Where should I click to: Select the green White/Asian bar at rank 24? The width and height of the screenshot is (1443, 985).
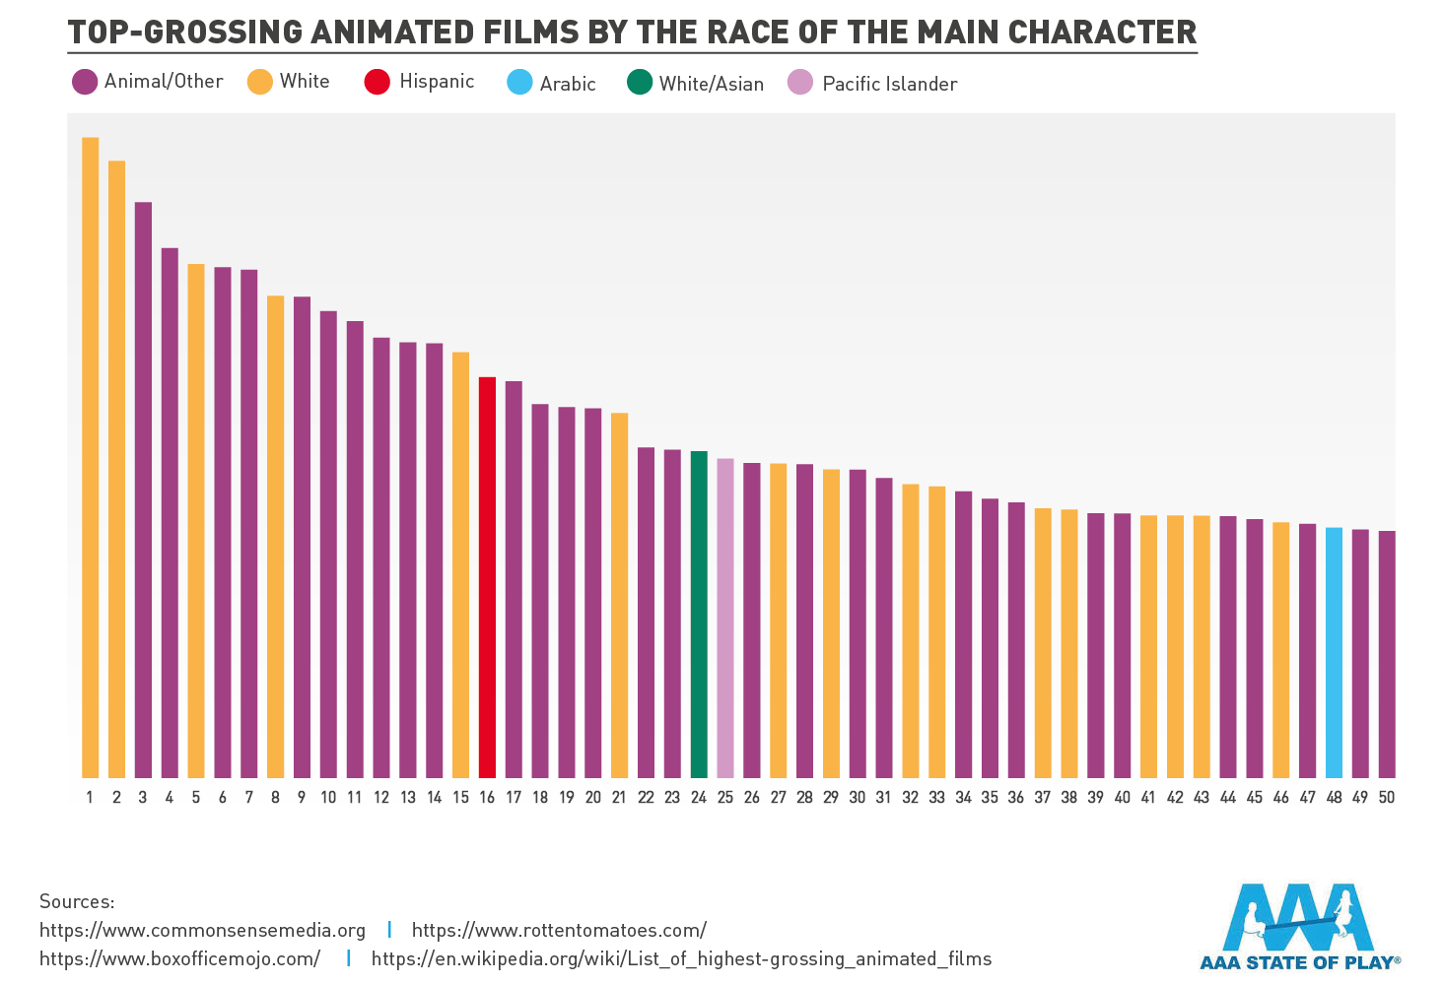(699, 615)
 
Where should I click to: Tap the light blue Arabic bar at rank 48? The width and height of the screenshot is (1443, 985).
(1334, 653)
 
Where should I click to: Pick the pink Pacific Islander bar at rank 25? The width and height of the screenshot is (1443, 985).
(725, 619)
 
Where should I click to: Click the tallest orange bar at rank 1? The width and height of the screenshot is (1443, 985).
(90, 458)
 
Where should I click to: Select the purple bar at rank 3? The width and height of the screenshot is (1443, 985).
(143, 490)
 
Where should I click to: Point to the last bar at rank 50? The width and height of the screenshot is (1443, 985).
(1387, 655)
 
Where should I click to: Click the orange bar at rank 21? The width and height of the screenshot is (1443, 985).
(619, 595)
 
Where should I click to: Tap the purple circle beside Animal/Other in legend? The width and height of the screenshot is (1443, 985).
(85, 82)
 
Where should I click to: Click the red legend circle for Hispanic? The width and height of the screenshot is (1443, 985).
(378, 82)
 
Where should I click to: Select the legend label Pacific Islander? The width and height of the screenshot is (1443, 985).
(889, 84)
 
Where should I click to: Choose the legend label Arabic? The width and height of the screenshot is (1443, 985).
(568, 84)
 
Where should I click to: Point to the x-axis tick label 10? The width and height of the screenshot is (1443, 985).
(328, 798)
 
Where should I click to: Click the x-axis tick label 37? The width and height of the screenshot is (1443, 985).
(1043, 798)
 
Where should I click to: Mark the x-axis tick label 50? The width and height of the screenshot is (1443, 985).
(1387, 798)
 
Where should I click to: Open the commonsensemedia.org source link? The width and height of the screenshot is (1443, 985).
(202, 930)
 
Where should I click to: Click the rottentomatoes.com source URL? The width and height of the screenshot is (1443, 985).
(559, 930)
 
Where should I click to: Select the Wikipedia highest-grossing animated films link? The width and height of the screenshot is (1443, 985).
(681, 958)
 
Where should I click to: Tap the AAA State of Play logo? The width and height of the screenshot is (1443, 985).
(1299, 926)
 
